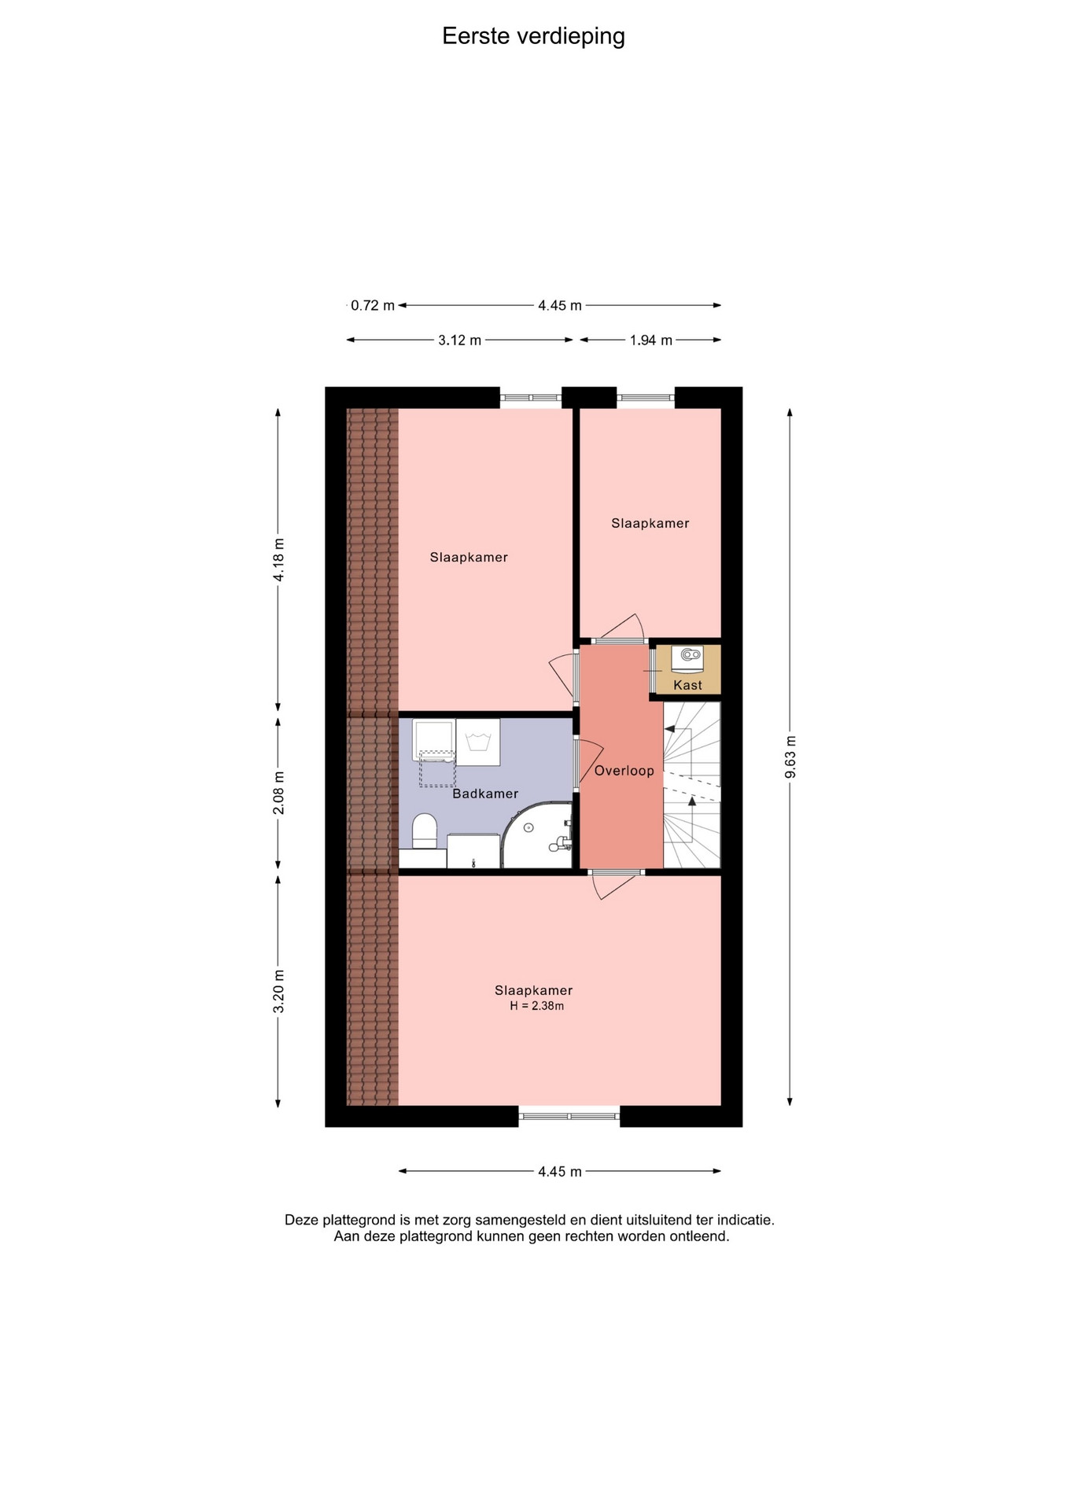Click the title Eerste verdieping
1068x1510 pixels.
tap(533, 36)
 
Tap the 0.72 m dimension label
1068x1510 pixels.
tap(373, 305)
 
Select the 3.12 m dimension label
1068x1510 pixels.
tap(459, 340)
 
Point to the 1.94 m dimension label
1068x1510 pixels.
tap(650, 340)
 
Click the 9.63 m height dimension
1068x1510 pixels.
tap(790, 757)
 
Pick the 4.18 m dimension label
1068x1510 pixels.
tap(278, 559)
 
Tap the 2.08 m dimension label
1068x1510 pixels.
tap(278, 793)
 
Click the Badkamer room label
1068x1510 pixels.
tap(485, 794)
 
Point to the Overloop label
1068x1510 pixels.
tap(624, 771)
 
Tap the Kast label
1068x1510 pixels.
tap(687, 685)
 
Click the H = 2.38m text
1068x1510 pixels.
tap(536, 1006)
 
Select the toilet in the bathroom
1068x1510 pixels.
tap(425, 831)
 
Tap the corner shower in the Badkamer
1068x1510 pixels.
tap(538, 835)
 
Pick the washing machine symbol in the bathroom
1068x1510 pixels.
tap(478, 742)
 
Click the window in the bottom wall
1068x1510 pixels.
tap(569, 1115)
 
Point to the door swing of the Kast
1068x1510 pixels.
tap(653, 670)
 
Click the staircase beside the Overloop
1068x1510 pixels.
tap(692, 785)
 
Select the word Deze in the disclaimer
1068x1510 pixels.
tap(301, 1221)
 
